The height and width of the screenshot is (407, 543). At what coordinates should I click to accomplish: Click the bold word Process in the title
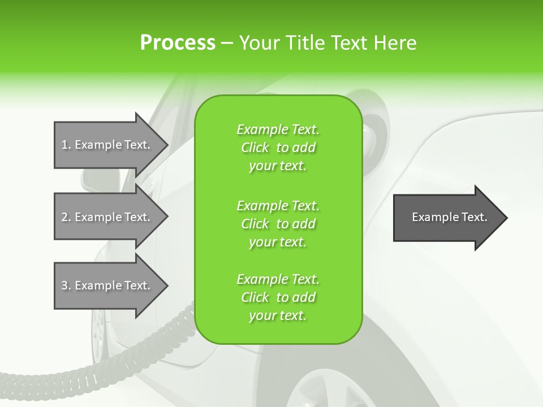(x=178, y=43)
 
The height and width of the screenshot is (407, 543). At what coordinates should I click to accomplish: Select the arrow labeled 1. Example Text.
(x=107, y=145)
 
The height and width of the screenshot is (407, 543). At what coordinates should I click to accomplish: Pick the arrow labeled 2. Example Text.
(x=107, y=217)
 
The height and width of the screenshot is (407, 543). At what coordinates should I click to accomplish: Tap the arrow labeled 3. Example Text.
(x=107, y=285)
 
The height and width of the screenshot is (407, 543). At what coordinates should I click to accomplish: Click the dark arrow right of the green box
(x=447, y=218)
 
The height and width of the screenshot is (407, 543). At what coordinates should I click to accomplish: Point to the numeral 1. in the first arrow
(x=66, y=145)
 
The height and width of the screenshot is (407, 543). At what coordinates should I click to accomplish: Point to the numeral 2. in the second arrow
(x=66, y=217)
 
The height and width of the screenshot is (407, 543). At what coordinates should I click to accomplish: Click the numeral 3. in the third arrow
(x=66, y=285)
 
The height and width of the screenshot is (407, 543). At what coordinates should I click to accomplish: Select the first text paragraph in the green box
(x=278, y=148)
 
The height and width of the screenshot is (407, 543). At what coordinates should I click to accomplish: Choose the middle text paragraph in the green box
(x=278, y=224)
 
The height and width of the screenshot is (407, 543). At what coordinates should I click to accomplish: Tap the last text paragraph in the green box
(x=278, y=297)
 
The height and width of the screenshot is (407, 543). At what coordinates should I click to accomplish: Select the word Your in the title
(x=257, y=43)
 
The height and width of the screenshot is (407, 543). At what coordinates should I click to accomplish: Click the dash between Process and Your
(x=227, y=43)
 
